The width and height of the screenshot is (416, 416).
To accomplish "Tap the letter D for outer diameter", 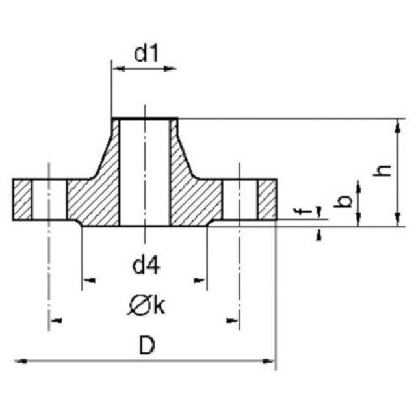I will coord(147,346).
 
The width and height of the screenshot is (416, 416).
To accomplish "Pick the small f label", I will coord(298,212).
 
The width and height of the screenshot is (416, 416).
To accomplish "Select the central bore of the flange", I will coord(144,172).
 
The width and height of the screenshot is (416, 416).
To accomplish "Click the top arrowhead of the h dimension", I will coord(396,123).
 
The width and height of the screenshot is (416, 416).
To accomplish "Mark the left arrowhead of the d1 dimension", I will coord(117,68).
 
